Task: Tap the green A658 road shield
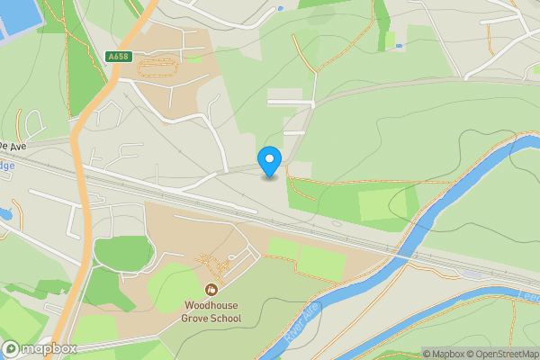(118, 57)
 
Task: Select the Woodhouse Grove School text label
(212, 312)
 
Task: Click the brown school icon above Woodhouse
(211, 289)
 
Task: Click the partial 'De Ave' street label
(13, 144)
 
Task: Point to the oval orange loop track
(162, 65)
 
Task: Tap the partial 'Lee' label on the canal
(529, 296)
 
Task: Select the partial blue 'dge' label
(7, 166)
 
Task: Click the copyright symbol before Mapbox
(426, 354)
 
